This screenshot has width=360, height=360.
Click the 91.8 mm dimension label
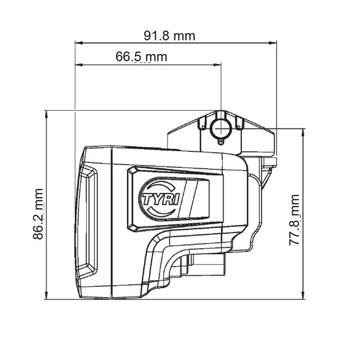[169, 36]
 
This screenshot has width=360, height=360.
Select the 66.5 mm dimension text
[141, 56]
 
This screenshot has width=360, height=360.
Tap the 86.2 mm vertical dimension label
[38, 214]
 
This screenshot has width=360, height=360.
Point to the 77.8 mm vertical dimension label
[294, 220]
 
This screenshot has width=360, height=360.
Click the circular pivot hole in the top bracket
[221, 129]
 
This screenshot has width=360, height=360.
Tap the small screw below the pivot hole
[220, 141]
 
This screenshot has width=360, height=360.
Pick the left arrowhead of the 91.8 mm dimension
[79, 43]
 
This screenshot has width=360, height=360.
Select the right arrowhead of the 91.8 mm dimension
[273, 43]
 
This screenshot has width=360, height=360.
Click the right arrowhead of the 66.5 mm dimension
[217, 65]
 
